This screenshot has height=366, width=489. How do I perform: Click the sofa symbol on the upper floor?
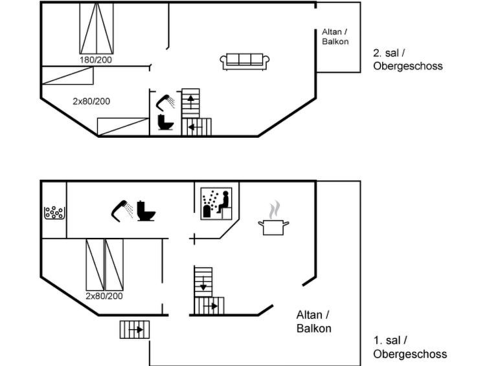point(245,61)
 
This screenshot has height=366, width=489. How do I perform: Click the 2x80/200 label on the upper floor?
point(91,101)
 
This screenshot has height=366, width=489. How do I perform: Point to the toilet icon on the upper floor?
point(165,123)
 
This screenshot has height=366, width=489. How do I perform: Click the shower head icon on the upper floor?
point(165,101)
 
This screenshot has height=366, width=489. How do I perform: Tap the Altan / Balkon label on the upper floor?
point(335,36)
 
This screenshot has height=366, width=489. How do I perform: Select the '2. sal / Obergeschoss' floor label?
point(408,59)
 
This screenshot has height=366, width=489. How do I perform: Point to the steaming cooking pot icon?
point(273,219)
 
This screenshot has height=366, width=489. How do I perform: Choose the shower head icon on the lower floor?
point(122,208)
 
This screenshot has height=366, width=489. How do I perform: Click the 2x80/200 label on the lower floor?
point(104,296)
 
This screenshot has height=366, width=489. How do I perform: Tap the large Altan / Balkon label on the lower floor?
point(313,321)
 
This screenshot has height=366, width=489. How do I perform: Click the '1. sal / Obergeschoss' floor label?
point(409,347)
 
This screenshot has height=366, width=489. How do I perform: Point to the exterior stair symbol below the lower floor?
point(135,330)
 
